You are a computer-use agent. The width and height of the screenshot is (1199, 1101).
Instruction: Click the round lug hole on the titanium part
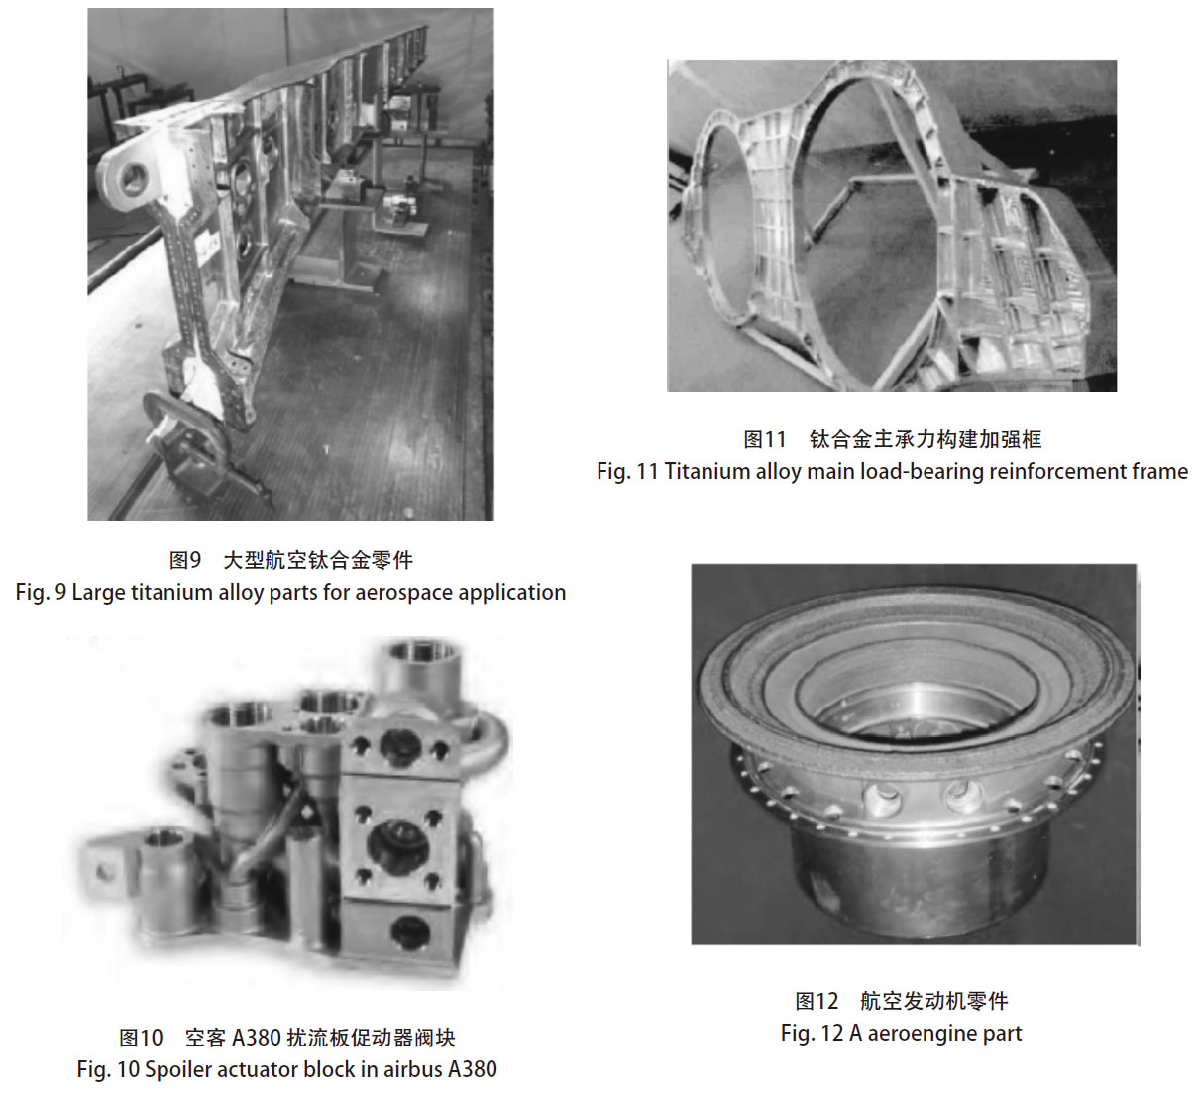(x=134, y=178)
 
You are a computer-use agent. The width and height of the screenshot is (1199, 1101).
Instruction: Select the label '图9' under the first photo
(x=184, y=560)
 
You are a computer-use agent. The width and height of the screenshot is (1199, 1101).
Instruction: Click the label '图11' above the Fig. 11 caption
(x=764, y=440)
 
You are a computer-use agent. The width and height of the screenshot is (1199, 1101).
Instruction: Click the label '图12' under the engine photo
(x=817, y=1001)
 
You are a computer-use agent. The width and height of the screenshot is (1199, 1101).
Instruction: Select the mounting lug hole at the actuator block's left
(x=105, y=872)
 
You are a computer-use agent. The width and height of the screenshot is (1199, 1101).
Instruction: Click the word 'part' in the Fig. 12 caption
(x=1002, y=1034)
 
